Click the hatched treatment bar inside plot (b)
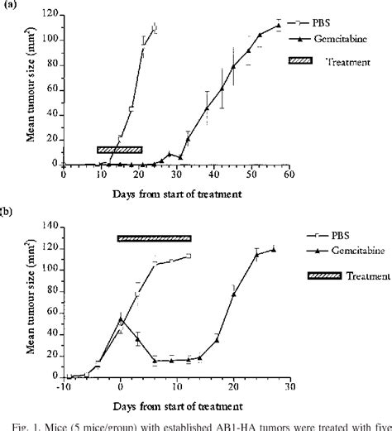pos(154,238)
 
